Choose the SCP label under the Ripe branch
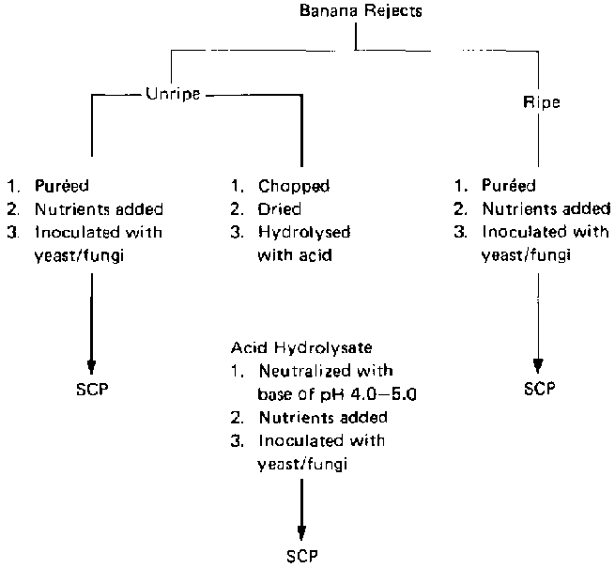539,388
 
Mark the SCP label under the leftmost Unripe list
91,388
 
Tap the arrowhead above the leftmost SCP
91,365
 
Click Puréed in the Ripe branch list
511,188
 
